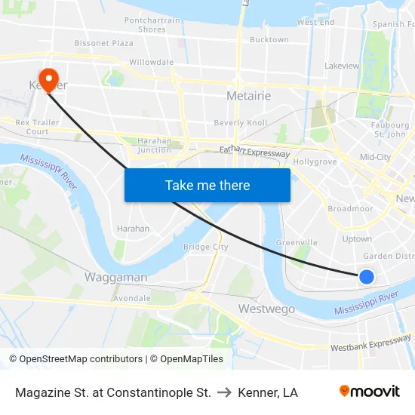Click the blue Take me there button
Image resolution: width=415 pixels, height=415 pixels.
pos(207,185)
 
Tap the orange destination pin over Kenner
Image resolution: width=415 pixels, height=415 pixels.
pos(48,80)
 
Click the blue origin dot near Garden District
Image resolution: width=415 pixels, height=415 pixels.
pos(367,277)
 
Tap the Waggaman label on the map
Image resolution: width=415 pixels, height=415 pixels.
pos(115,277)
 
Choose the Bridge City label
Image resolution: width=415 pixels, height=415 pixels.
pos(205,247)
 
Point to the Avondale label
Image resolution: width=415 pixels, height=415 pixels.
pos(131,298)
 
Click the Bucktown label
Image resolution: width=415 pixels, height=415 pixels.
pos(269,39)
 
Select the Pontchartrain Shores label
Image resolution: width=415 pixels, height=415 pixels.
pos(152,25)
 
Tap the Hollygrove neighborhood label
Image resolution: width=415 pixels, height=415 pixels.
pos(315,161)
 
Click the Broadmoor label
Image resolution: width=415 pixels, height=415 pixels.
pos(350,208)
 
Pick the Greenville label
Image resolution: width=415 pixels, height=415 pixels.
pos(297,242)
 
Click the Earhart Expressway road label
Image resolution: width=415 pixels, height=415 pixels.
pos(254,152)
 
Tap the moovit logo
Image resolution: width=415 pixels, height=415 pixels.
pos(370,392)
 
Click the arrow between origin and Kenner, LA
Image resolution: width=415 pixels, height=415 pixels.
pos(224,392)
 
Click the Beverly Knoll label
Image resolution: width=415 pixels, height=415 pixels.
pos(241,123)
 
